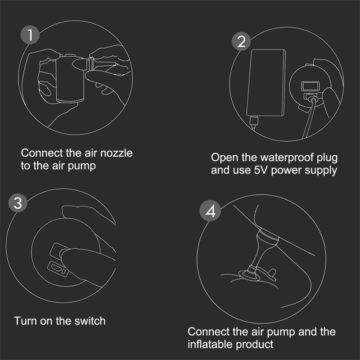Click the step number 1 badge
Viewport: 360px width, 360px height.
click(x=30, y=35)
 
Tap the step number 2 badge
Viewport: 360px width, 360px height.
click(x=241, y=41)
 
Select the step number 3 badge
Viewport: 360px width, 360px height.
click(x=18, y=203)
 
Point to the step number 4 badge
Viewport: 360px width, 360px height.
click(x=210, y=211)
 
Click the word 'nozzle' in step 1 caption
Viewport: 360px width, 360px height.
click(x=117, y=153)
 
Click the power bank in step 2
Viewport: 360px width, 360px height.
click(x=266, y=83)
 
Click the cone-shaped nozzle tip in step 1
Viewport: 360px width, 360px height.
click(x=79, y=64)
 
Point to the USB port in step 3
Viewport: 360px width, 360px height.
click(x=58, y=269)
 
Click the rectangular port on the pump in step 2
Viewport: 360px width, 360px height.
click(x=310, y=86)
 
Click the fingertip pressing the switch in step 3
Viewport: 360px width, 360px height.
click(x=69, y=257)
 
